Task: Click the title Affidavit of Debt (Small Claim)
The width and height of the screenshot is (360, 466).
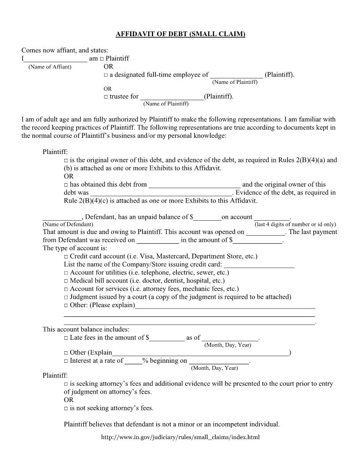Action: [x=180, y=34]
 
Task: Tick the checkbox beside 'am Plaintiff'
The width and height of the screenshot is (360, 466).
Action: [x=102, y=59]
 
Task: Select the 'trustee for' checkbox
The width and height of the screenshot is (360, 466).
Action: [x=106, y=97]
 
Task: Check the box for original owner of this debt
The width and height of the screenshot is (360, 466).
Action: [x=66, y=161]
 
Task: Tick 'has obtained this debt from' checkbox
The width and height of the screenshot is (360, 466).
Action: [x=66, y=185]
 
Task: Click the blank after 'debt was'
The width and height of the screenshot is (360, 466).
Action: [x=161, y=193]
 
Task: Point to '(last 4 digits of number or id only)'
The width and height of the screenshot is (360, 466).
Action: [x=295, y=224]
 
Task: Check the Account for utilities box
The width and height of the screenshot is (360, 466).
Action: [x=66, y=273]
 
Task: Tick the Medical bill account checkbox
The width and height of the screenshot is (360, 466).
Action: [x=66, y=281]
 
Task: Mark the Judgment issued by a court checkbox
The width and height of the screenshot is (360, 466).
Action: [x=66, y=297]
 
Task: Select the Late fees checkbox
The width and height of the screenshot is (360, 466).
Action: [x=66, y=338]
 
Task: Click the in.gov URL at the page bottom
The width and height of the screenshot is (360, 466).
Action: [x=180, y=438]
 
